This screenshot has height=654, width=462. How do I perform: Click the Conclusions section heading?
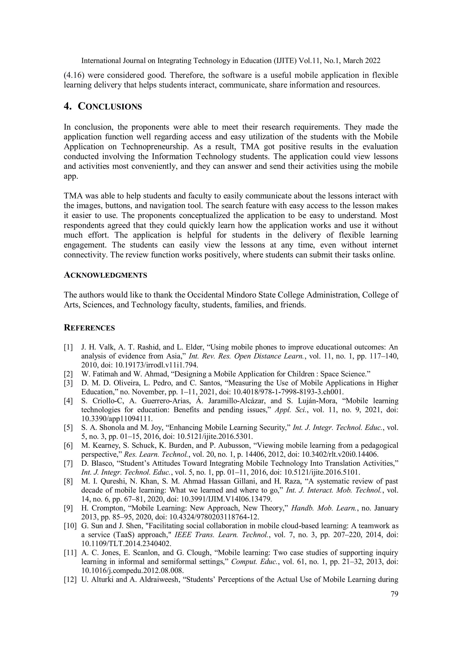(x=103, y=107)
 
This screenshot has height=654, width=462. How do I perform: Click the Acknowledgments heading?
(x=105, y=275)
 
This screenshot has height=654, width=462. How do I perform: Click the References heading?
(x=89, y=328)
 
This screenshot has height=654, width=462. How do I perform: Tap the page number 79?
(x=394, y=594)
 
